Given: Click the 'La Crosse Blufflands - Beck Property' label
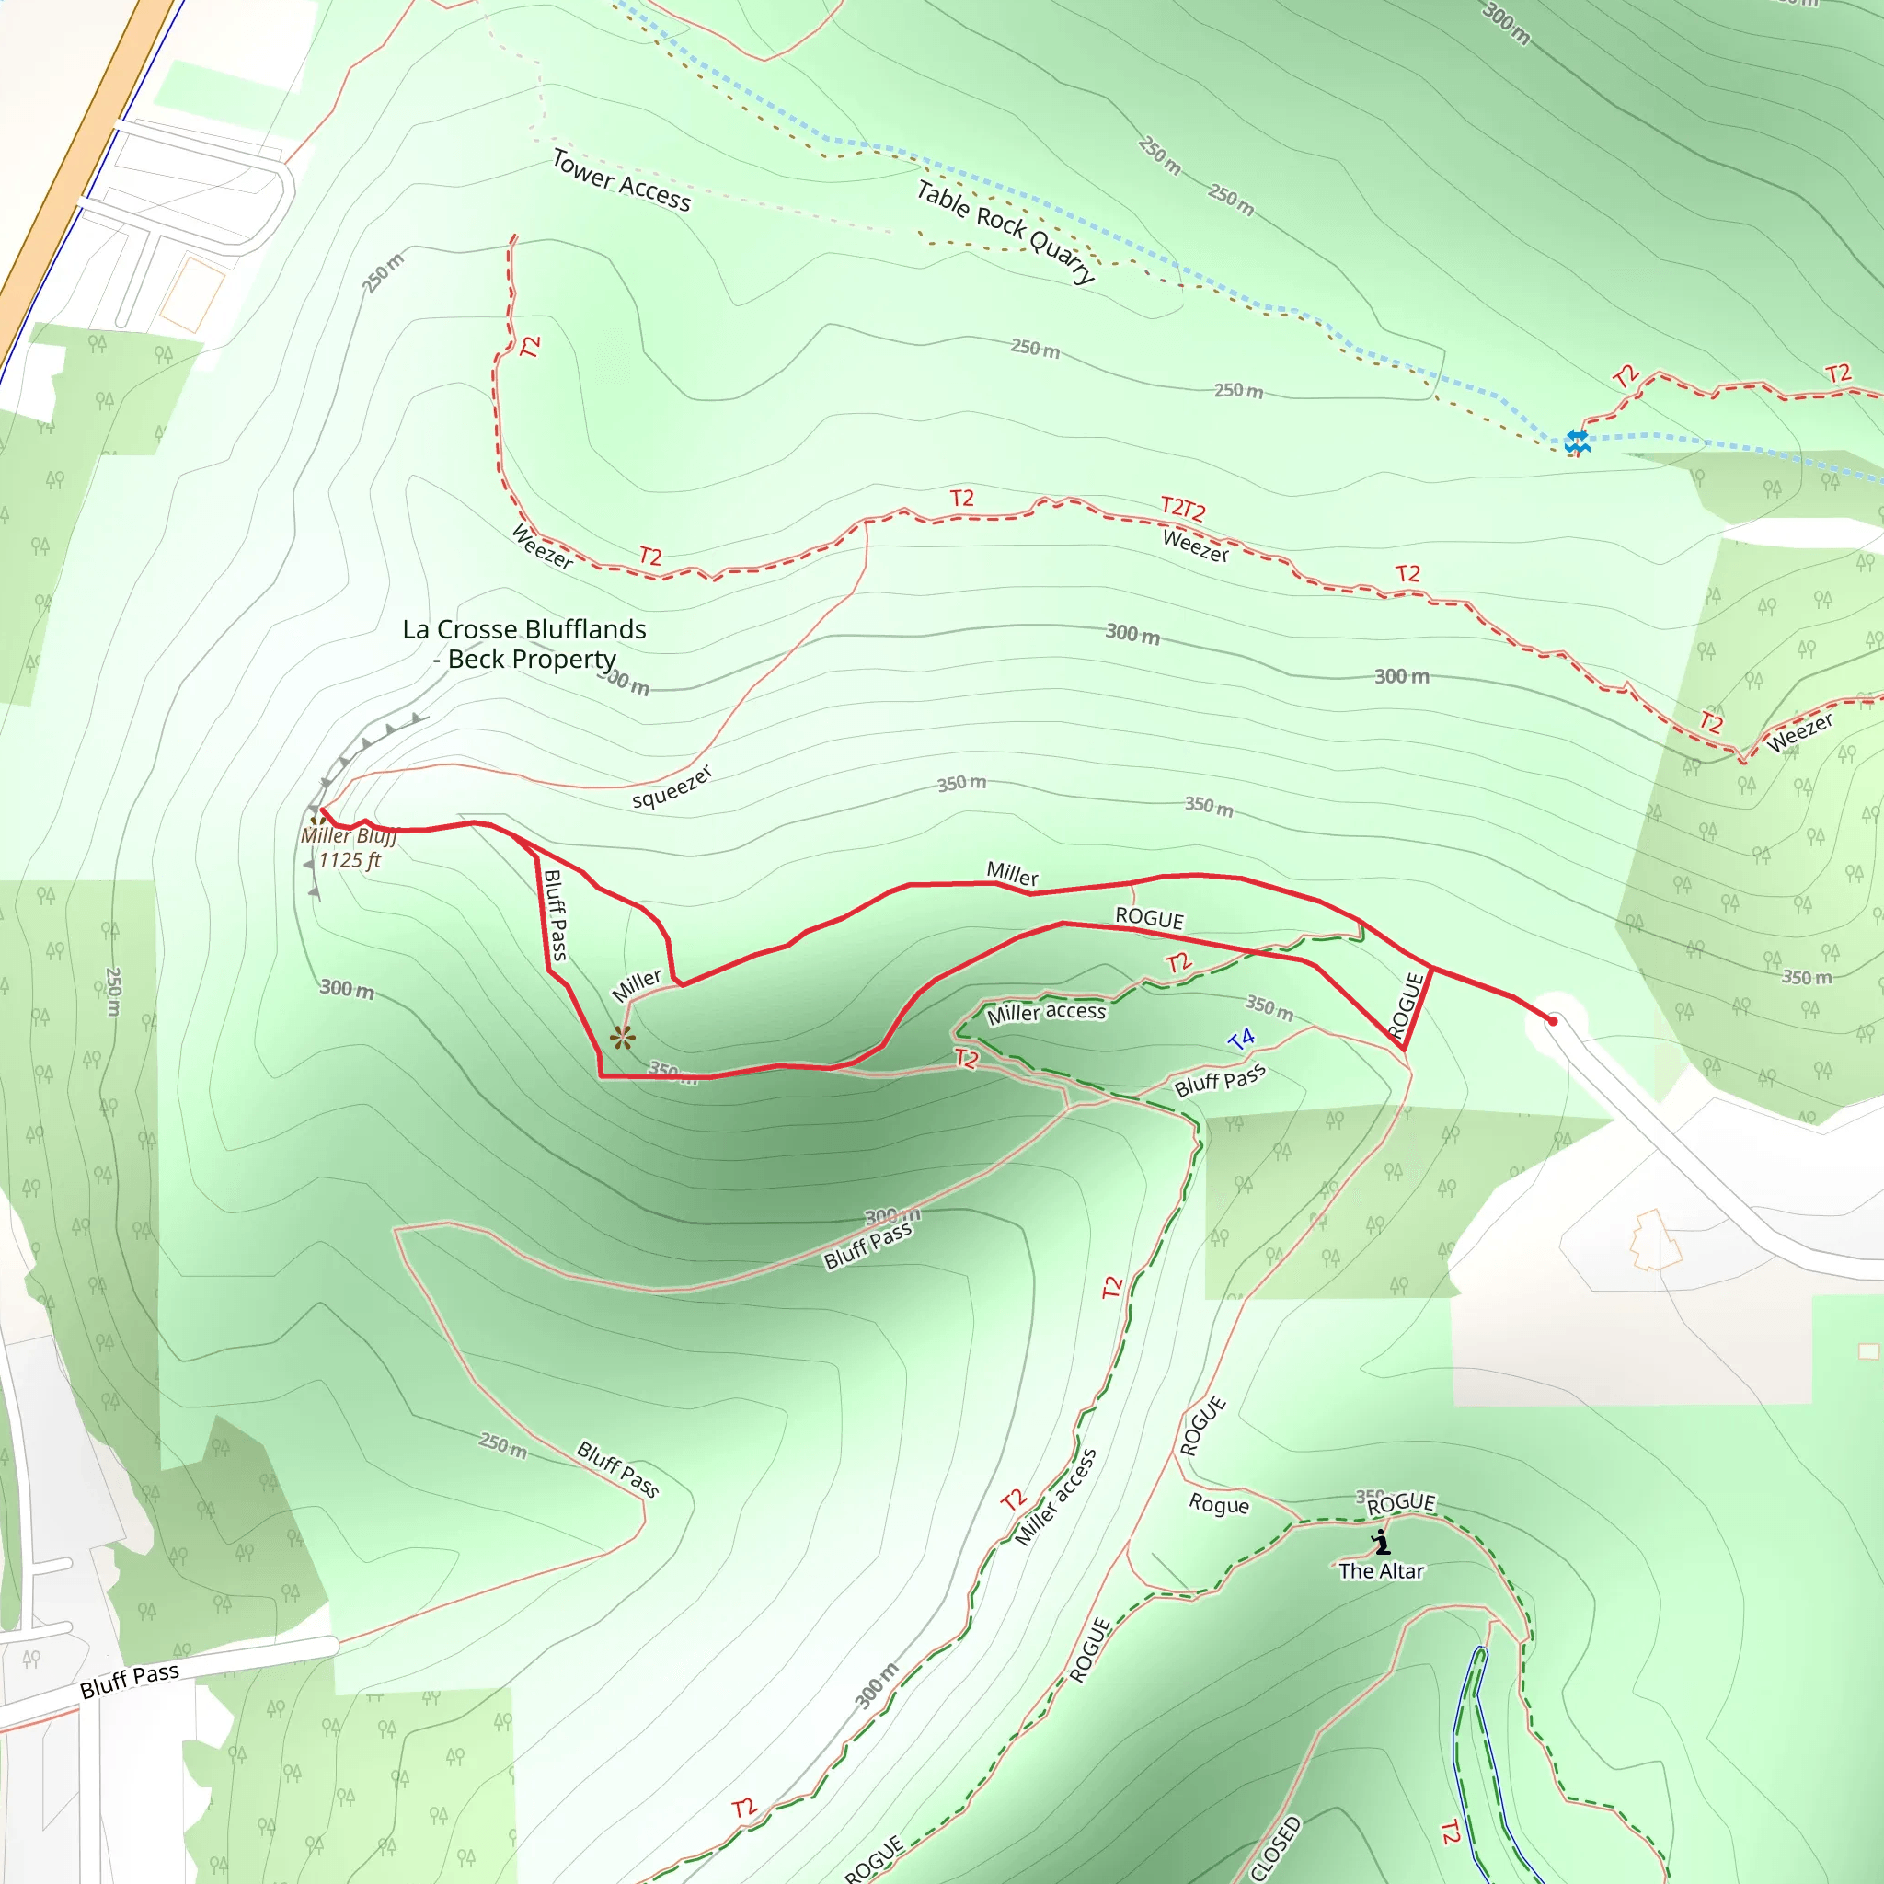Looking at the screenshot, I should (x=524, y=644).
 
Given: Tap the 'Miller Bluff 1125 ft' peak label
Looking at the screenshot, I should (x=348, y=848).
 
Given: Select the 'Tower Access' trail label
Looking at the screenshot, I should (x=621, y=180).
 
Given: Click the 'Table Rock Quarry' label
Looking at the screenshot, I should (x=1006, y=232).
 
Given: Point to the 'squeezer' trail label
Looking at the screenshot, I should (x=672, y=787).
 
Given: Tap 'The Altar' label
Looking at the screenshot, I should (x=1381, y=1571).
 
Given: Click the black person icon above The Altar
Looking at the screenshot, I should (x=1381, y=1542).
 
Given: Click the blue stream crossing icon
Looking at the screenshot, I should (x=1577, y=442).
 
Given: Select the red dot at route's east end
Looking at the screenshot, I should (x=1553, y=1021).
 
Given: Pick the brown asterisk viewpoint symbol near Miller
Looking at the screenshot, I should (x=622, y=1038).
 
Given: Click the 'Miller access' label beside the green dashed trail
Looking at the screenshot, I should (x=1046, y=1012).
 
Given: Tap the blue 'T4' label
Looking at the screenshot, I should (x=1241, y=1040).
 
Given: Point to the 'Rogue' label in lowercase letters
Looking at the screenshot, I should (x=1219, y=1504).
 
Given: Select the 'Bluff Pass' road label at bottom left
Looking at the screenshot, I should (x=130, y=1680).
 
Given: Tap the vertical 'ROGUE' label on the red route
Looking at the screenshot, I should (x=1407, y=1005).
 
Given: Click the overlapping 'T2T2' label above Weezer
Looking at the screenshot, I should (x=1183, y=508).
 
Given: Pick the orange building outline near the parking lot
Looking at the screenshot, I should (x=1656, y=1239).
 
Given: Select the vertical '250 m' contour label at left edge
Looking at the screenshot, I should (x=113, y=992).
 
